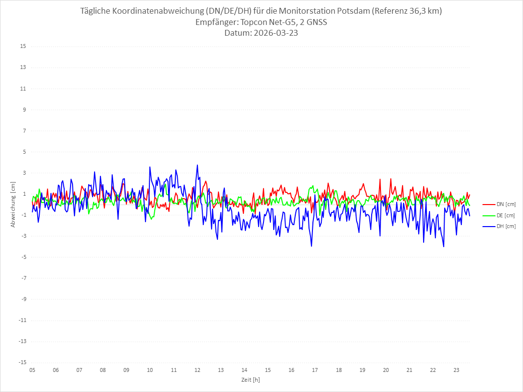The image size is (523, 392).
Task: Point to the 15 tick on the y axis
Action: click(23, 46)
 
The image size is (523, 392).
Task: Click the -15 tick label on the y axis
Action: click(22, 362)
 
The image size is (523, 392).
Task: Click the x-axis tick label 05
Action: click(32, 370)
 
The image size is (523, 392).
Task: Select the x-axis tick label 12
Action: click(197, 370)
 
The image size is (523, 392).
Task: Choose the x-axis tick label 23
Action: click(456, 370)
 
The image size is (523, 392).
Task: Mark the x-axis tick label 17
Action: click(315, 370)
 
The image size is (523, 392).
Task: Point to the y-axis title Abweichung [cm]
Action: click(13, 204)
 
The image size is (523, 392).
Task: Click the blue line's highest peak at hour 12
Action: click(197, 165)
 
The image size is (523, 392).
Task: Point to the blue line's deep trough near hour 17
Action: click(311, 246)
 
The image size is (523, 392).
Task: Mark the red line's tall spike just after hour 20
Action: click(391, 179)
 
